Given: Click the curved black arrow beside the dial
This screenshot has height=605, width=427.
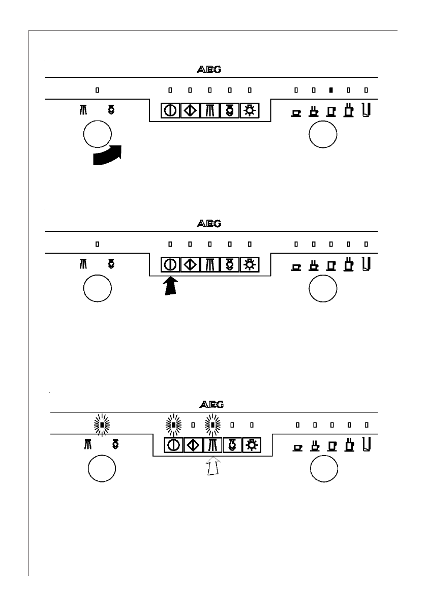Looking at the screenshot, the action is [x=107, y=156].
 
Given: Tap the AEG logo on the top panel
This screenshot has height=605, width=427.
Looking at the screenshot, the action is [x=208, y=70].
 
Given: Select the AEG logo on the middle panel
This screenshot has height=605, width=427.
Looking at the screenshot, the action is [x=208, y=223].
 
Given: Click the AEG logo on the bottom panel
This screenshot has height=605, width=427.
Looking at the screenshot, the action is [x=211, y=405].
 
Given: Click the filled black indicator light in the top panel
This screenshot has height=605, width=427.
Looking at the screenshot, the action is [x=331, y=90].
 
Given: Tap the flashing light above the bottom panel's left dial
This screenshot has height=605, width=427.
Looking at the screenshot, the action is [x=103, y=425].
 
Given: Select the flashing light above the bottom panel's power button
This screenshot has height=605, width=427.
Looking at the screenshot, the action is [x=173, y=425].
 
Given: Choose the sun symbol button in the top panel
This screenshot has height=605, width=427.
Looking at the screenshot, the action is [x=249, y=111].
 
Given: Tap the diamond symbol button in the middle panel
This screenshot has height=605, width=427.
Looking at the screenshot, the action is [x=190, y=265].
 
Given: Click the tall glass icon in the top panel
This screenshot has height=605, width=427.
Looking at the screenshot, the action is [x=366, y=109].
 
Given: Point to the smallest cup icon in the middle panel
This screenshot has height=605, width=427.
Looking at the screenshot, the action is [x=296, y=266].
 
